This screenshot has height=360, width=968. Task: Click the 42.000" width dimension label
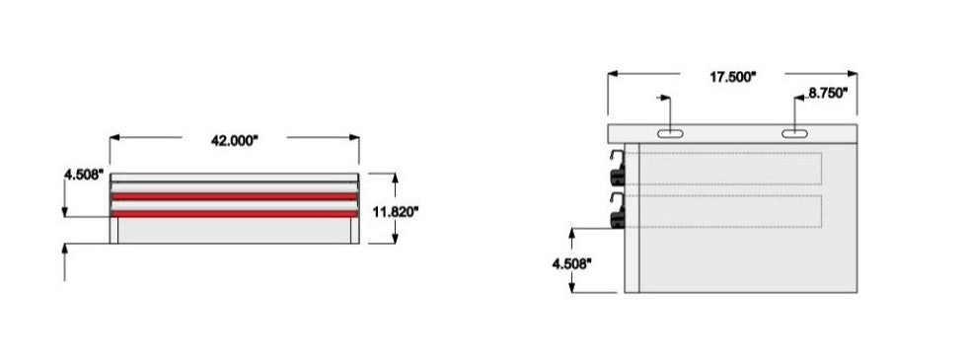(234, 141)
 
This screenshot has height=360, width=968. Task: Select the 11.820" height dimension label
(396, 212)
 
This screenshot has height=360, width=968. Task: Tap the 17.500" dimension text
(733, 77)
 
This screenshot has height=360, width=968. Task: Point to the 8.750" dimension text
(828, 94)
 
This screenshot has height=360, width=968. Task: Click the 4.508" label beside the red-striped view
(83, 175)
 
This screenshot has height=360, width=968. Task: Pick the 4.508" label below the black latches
(572, 263)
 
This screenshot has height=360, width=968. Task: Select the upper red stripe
(234, 196)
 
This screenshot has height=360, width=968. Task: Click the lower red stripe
(234, 214)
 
